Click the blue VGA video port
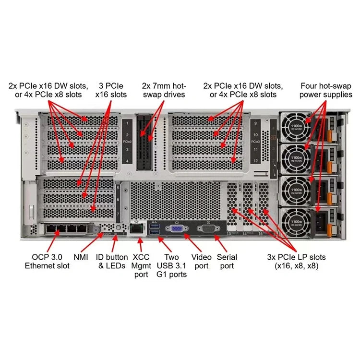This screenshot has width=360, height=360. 177,229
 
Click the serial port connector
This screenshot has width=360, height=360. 208,229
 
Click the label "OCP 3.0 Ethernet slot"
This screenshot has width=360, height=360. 47,261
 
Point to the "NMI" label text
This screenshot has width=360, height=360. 81,257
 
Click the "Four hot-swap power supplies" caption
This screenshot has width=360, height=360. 326,90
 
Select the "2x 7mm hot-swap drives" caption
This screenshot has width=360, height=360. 163,90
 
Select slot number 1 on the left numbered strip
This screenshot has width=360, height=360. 127,124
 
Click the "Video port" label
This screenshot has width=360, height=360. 202,261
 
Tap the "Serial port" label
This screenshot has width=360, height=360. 228,261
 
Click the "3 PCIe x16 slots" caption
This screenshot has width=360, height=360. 111,90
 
